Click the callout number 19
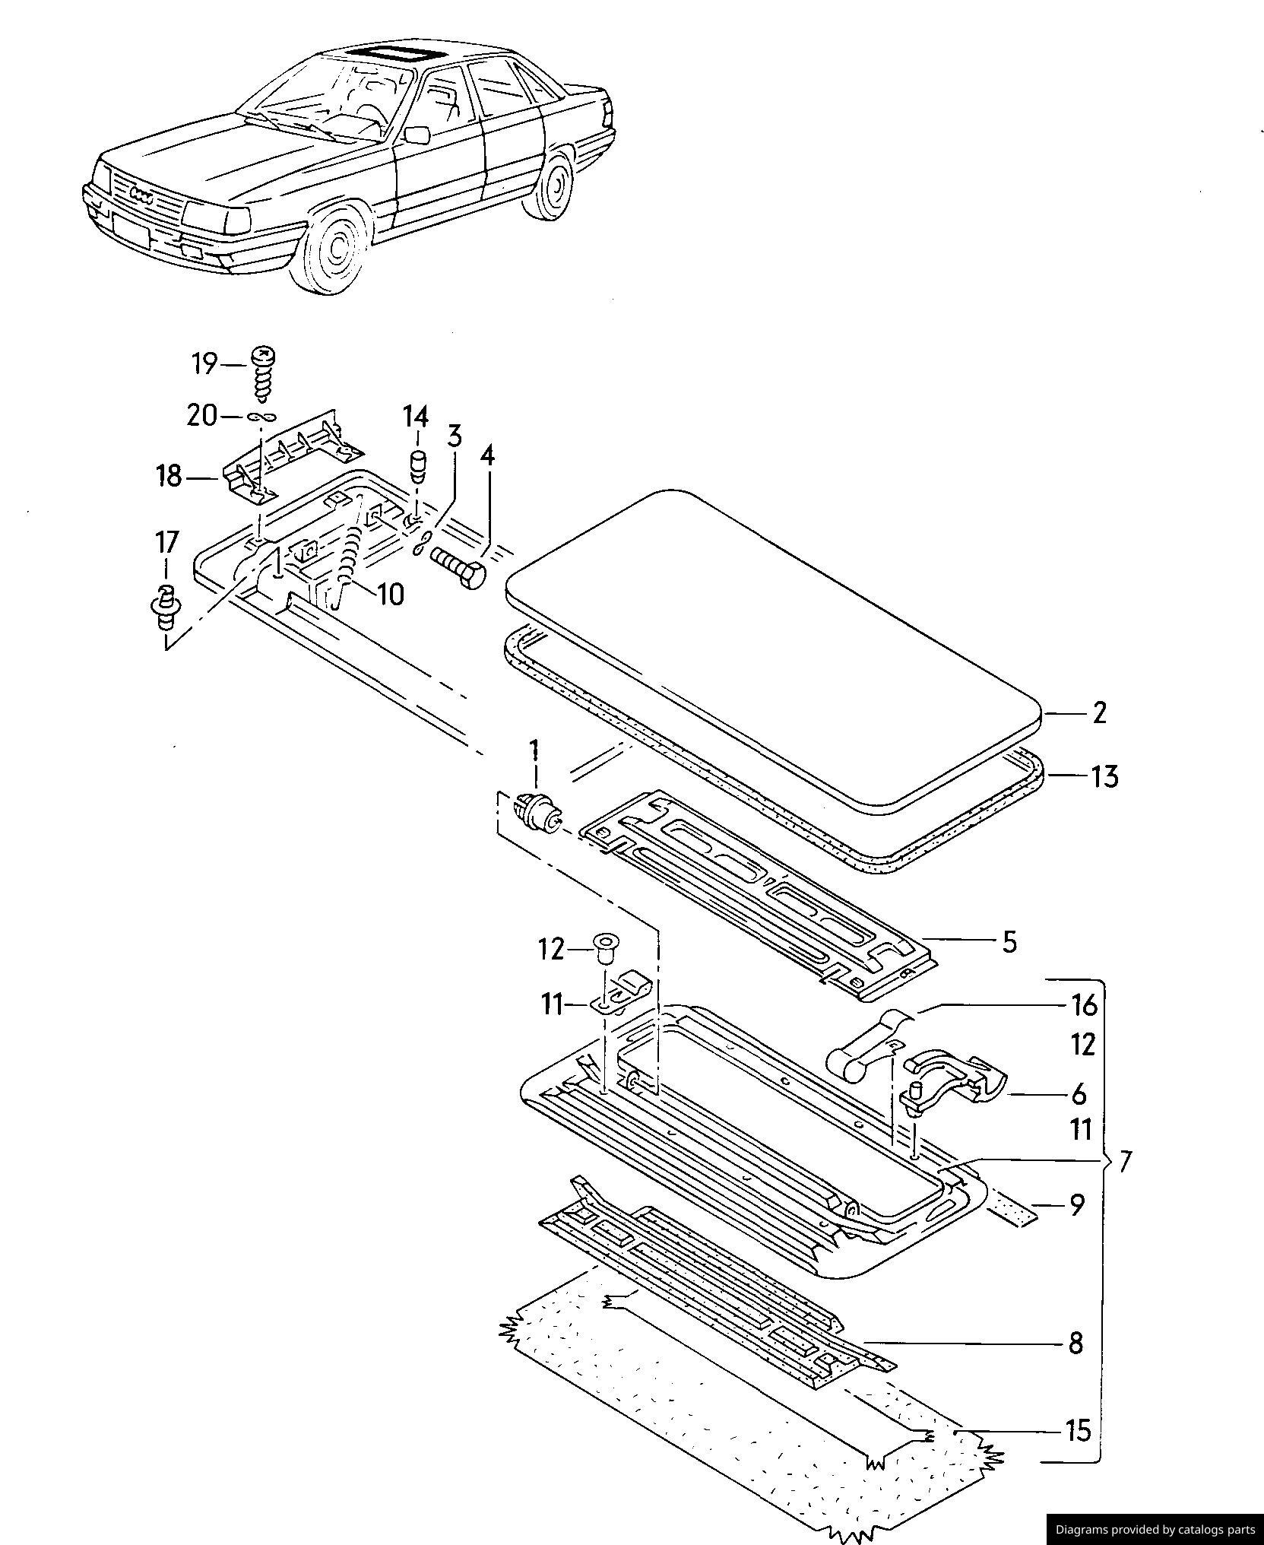(x=204, y=364)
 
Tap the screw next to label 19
(x=263, y=374)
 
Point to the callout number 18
(x=169, y=477)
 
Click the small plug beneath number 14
(x=417, y=464)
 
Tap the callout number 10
(x=391, y=594)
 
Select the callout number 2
(x=1099, y=712)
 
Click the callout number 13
(x=1105, y=776)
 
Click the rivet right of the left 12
(x=605, y=949)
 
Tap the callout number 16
(x=1084, y=1006)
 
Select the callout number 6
(x=1079, y=1095)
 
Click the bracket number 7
(x=1126, y=1160)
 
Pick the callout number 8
(x=1076, y=1343)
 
